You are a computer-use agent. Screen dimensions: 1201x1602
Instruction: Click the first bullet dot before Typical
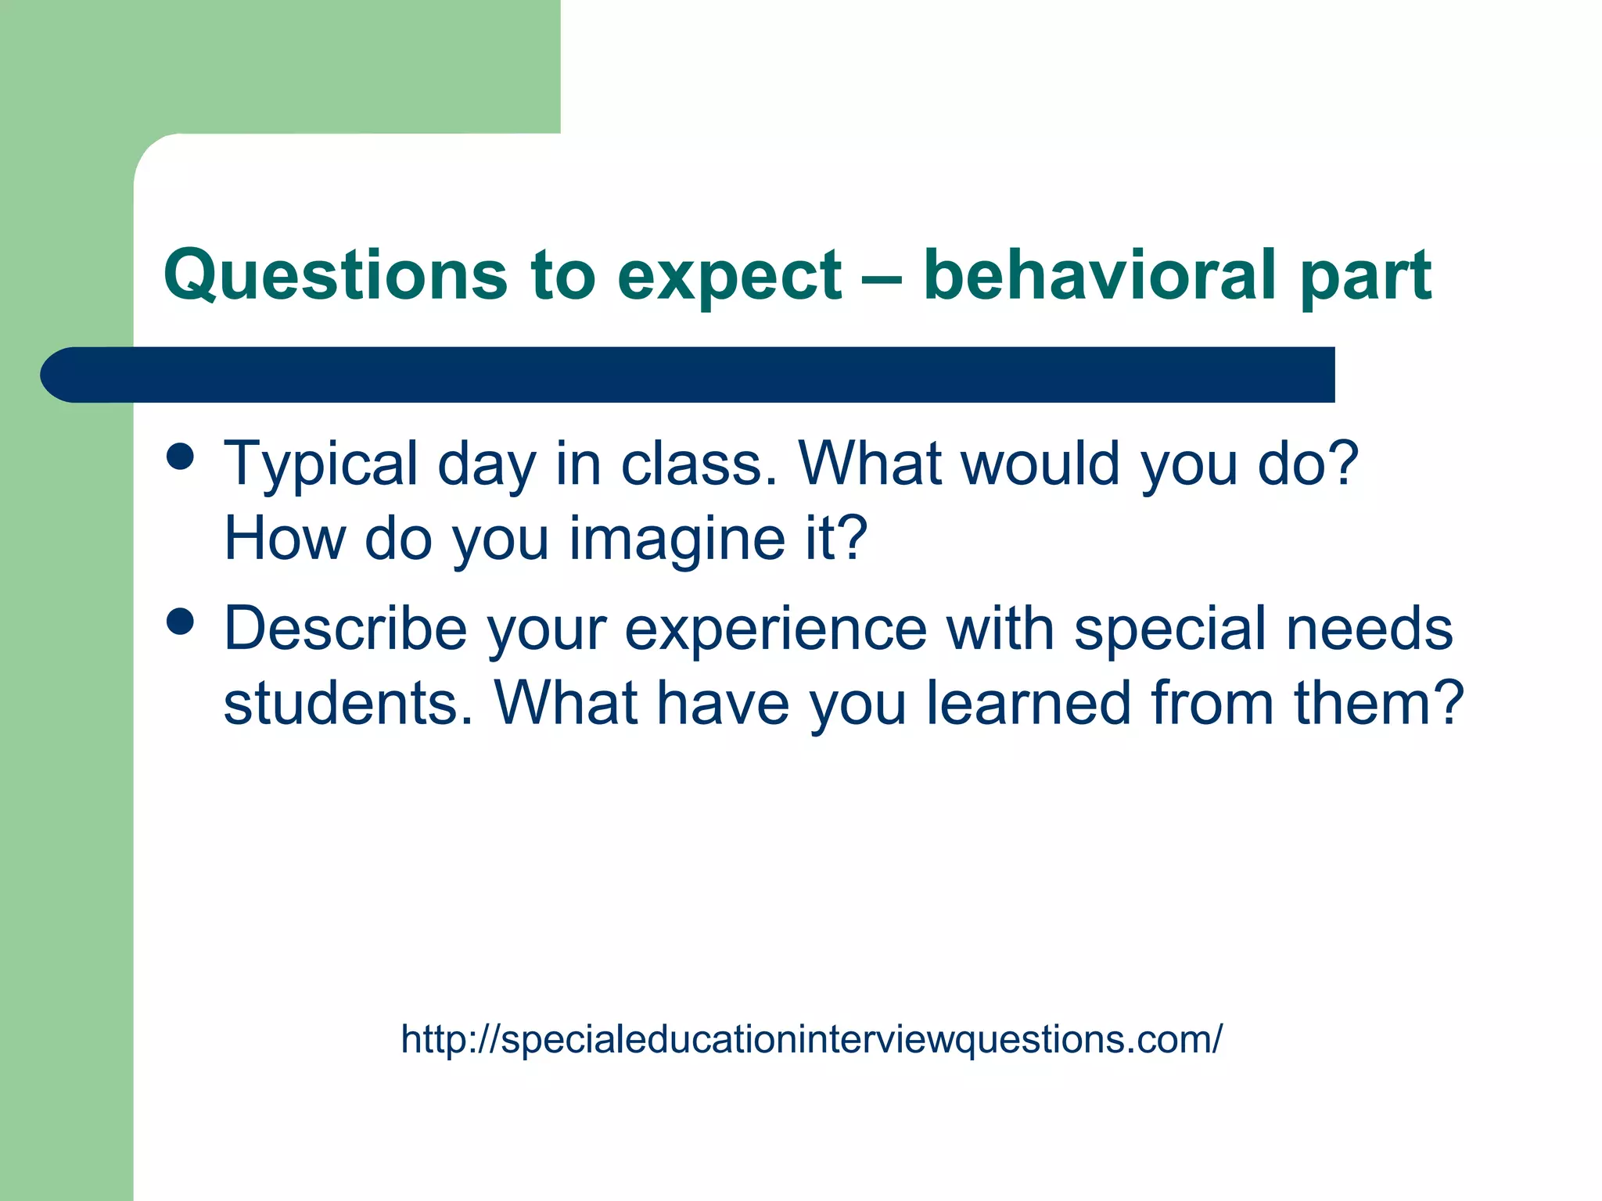point(181,457)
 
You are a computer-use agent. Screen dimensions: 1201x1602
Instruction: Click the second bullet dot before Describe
point(181,622)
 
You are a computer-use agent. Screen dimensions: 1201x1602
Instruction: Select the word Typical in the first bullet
point(321,465)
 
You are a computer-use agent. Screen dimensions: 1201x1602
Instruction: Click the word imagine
point(677,540)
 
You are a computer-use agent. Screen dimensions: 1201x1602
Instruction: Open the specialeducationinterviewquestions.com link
point(811,1040)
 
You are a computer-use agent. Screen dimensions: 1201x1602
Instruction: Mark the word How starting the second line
point(285,539)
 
